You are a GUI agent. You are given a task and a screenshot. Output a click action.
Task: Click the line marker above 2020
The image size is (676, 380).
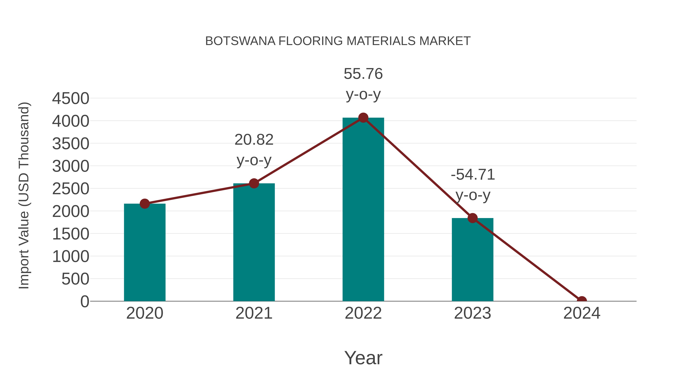tap(145, 203)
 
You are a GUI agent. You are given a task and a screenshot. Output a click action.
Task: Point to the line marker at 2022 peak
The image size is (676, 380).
tap(363, 118)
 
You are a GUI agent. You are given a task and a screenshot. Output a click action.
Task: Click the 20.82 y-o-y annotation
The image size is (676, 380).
tap(254, 150)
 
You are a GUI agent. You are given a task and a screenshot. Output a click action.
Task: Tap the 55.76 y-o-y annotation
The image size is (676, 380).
tap(363, 84)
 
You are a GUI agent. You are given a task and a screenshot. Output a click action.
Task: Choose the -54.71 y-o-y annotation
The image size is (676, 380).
tap(473, 185)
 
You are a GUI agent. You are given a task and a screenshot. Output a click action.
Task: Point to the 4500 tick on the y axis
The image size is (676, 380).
tap(71, 99)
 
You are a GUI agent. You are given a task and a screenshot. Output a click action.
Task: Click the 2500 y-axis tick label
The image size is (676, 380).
tap(71, 189)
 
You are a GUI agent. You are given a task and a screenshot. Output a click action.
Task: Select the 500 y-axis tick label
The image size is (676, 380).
tap(75, 279)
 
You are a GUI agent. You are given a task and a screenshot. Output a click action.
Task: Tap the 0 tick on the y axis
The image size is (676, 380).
tap(85, 301)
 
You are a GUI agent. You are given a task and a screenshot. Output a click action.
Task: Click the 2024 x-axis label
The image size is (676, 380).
tap(582, 313)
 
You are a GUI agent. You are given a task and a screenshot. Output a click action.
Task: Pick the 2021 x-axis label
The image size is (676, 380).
tap(254, 313)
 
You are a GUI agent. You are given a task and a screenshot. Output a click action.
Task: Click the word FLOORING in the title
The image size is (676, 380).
tap(310, 41)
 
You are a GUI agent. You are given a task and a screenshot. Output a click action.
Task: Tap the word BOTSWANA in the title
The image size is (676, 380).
tap(240, 41)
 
